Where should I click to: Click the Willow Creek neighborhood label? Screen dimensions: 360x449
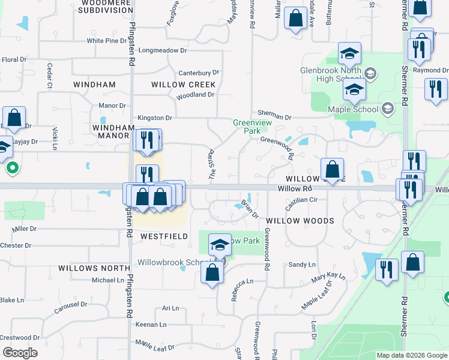(183, 85)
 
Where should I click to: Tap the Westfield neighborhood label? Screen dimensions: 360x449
(161, 236)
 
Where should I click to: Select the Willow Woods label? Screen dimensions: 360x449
(300, 221)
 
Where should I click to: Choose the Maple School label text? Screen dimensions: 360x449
(353, 109)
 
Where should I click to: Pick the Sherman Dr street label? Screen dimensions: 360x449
(274, 113)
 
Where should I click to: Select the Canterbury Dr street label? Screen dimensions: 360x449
(195, 73)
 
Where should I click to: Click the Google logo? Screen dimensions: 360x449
(20, 353)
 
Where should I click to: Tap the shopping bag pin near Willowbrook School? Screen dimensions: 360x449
(212, 272)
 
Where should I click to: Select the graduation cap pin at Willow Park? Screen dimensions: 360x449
(220, 244)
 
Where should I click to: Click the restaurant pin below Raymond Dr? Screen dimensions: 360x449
(436, 89)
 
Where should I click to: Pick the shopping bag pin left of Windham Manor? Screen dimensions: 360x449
(14, 117)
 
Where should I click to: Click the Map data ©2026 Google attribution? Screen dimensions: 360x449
(412, 355)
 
